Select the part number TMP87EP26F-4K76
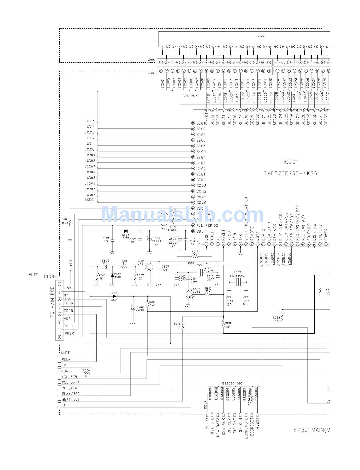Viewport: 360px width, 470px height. [x=290, y=173]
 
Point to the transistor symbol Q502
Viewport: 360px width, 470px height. [x=190, y=294]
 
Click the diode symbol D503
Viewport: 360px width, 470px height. [x=125, y=230]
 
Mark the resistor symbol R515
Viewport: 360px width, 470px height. [x=223, y=324]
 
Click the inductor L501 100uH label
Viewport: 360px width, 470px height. [x=173, y=228]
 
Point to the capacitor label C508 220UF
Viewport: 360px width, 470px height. [x=140, y=309]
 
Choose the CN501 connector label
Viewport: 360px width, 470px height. [x=51, y=276]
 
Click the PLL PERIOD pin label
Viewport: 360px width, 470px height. [x=207, y=225]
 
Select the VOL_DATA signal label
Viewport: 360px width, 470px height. [x=70, y=383]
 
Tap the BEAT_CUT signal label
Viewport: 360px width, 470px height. [x=70, y=400]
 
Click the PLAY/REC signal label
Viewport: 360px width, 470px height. [x=70, y=394]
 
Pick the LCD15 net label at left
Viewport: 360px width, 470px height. [x=90, y=121]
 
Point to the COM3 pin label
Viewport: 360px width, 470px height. [x=201, y=186]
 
